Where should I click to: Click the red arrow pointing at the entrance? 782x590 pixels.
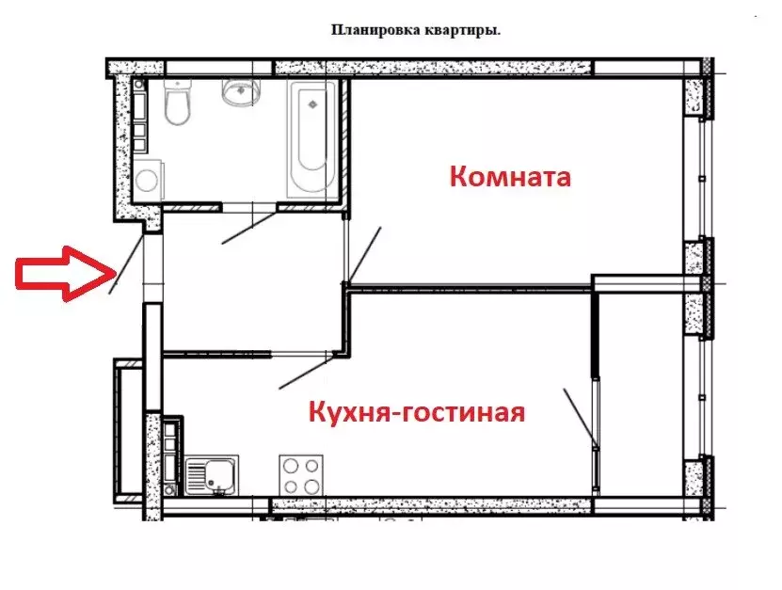(x=60, y=273)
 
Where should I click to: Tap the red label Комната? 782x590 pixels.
(x=509, y=176)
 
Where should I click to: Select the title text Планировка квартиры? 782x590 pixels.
(x=415, y=29)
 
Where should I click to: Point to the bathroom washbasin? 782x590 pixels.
(x=240, y=93)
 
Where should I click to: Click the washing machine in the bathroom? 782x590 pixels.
(x=147, y=180)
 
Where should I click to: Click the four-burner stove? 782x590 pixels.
(x=301, y=475)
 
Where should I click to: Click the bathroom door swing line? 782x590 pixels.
(x=249, y=229)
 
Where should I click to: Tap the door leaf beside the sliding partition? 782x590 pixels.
(x=580, y=415)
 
